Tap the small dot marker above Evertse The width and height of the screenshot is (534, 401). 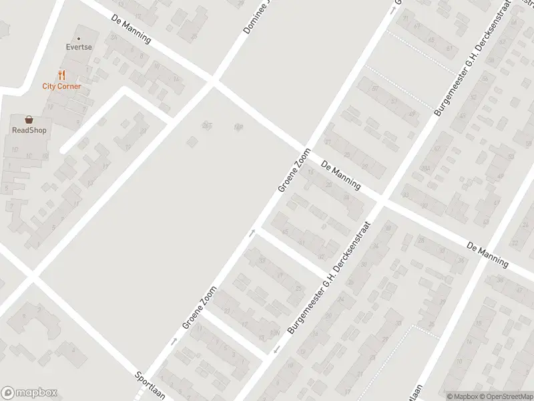[x=79, y=39]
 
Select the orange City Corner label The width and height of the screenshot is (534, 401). [x=61, y=86]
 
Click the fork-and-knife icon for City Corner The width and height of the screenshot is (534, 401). [x=61, y=75]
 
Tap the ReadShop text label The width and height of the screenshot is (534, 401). [x=29, y=130]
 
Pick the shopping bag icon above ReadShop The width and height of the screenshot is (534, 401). [x=29, y=120]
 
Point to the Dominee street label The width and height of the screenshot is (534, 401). [x=256, y=17]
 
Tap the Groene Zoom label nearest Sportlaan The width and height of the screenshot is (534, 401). [x=200, y=307]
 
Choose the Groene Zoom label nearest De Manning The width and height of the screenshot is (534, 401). [x=294, y=170]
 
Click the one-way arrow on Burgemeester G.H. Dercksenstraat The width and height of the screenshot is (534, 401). [x=276, y=350]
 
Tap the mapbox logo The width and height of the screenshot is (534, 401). [x=29, y=393]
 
